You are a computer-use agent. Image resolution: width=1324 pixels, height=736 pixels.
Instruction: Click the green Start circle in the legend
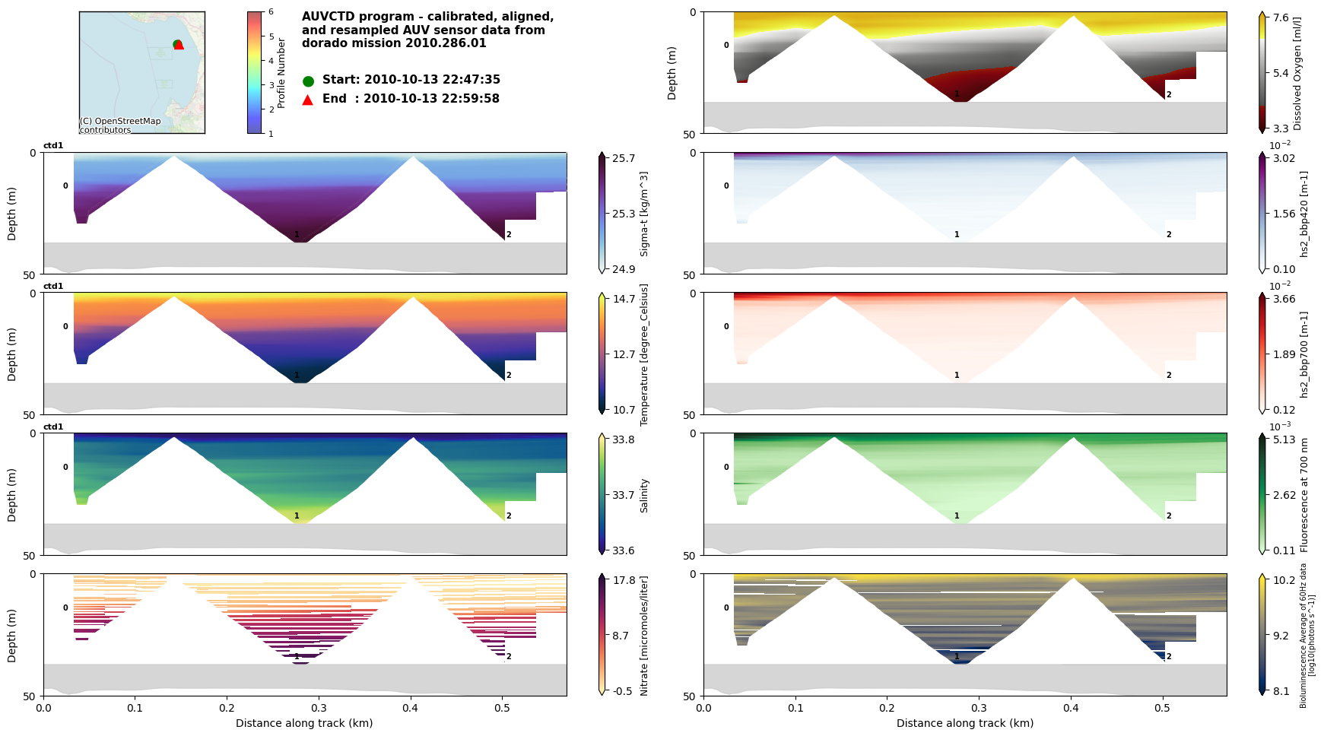(x=308, y=81)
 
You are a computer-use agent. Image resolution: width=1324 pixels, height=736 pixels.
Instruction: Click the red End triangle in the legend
(x=308, y=100)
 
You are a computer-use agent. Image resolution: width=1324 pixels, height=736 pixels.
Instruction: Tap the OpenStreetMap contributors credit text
(x=120, y=125)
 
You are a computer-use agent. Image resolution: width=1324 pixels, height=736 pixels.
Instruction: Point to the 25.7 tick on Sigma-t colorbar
(x=623, y=158)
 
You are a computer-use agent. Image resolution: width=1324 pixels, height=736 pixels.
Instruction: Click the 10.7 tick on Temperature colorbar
(x=623, y=410)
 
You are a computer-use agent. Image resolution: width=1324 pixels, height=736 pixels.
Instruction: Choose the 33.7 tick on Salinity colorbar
(x=623, y=495)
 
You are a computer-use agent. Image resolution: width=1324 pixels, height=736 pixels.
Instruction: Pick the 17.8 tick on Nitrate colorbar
(x=623, y=580)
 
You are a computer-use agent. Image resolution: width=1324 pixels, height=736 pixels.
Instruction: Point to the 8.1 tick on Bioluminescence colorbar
(x=1281, y=691)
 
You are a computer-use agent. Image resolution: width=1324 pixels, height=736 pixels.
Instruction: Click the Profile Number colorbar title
(x=281, y=72)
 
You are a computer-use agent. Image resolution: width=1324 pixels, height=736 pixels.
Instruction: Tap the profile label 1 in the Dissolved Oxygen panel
(x=957, y=94)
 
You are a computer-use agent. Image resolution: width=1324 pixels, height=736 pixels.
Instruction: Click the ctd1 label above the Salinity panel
(x=53, y=427)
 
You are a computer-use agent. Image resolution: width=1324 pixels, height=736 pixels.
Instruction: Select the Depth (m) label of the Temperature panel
(x=12, y=354)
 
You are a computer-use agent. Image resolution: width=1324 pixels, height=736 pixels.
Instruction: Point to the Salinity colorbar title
(x=644, y=495)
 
